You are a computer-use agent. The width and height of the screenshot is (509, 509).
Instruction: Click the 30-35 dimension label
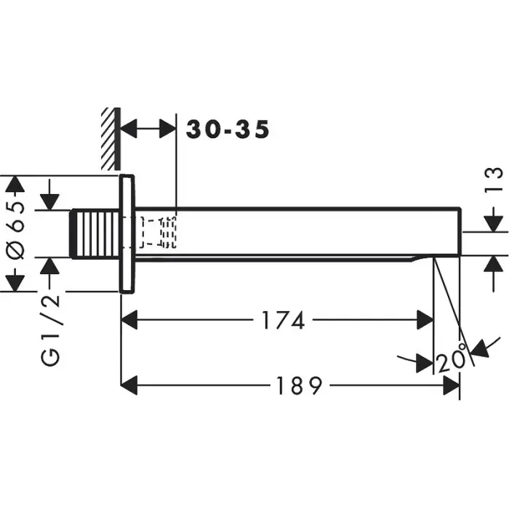228,129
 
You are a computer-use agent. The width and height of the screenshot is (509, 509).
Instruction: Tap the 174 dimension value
280,321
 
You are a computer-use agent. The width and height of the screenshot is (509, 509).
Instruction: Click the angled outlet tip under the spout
421,258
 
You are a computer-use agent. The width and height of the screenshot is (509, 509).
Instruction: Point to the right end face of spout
460,231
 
